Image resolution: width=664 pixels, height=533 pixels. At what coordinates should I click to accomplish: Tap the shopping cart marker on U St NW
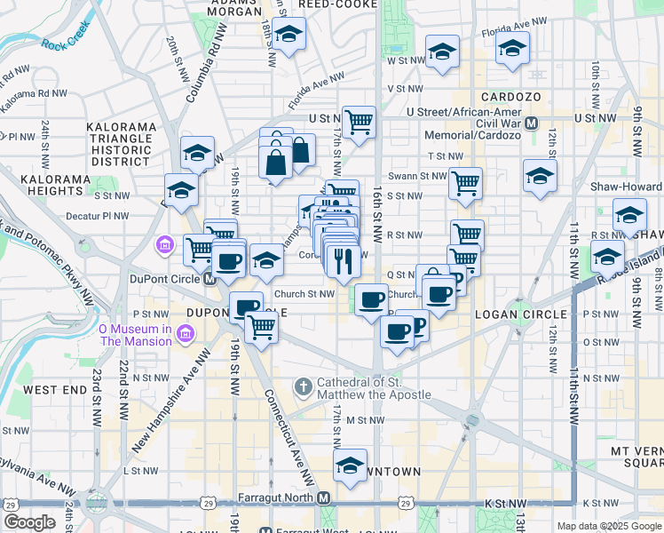click(359, 122)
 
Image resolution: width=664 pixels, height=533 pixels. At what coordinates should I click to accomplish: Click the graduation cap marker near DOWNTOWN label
click(351, 465)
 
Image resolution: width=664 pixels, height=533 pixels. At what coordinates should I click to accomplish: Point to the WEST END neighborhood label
click(54, 390)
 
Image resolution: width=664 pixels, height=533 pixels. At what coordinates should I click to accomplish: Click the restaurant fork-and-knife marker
click(342, 261)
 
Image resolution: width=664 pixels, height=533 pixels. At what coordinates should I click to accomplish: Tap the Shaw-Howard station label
click(627, 187)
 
